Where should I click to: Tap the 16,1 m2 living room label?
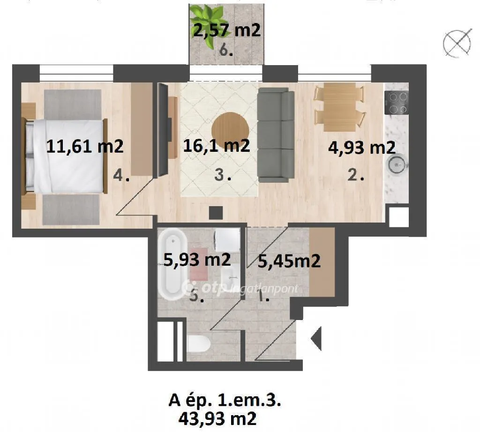[x=217, y=145]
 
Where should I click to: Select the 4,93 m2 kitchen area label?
[x=362, y=148]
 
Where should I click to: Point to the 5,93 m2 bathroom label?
[x=197, y=260]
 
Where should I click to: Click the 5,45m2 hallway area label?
[x=289, y=261]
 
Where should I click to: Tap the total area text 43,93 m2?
[x=217, y=418]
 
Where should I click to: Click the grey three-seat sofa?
[x=276, y=135]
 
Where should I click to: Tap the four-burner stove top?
[x=397, y=103]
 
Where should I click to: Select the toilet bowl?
[x=198, y=343]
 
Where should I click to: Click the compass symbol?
[x=457, y=43]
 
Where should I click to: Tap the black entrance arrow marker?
[x=316, y=338]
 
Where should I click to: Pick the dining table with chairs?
[x=340, y=107]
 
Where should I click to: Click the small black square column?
[x=216, y=213]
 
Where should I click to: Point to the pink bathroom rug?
[x=199, y=264]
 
